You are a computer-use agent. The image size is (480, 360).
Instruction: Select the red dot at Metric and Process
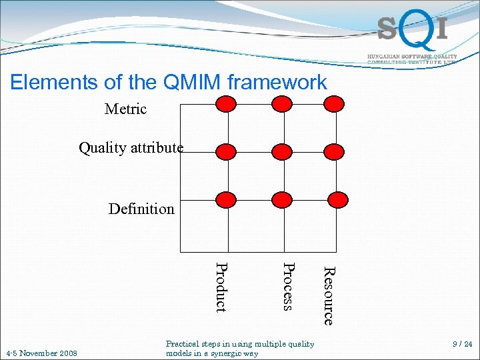[283, 103]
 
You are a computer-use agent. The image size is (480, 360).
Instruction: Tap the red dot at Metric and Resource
[334, 103]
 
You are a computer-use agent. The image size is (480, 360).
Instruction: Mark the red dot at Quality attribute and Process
[283, 151]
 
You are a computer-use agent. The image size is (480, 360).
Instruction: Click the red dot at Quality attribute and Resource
[334, 151]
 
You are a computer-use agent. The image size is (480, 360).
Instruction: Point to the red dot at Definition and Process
[283, 199]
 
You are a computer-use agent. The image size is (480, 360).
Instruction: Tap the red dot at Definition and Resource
[337, 199]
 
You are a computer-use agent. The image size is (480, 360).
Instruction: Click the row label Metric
[125, 109]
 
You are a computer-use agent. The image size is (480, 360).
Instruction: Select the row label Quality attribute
[131, 148]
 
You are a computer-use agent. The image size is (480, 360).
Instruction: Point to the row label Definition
[141, 209]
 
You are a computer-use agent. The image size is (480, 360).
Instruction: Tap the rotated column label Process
[287, 287]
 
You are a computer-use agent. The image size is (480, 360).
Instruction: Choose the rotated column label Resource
[328, 295]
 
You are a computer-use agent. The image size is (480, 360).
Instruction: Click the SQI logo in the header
[411, 30]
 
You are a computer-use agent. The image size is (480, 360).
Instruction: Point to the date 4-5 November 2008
[41, 353]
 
